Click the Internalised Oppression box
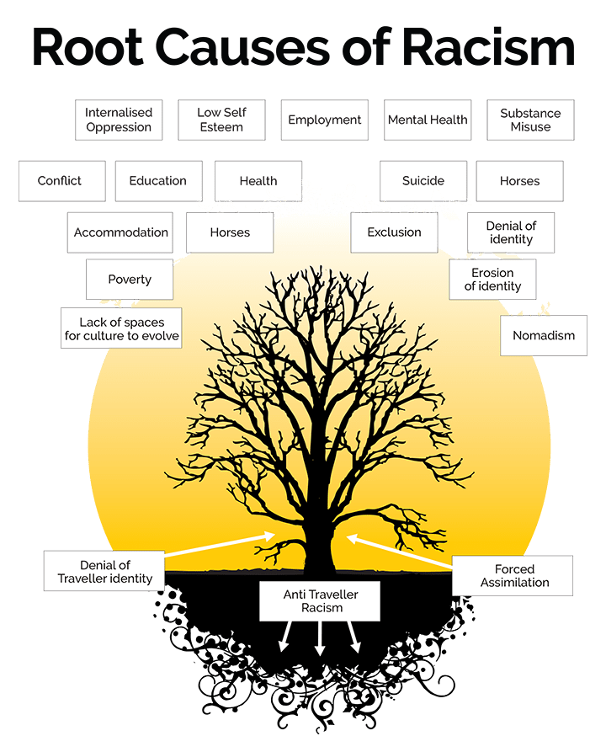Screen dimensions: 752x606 119,120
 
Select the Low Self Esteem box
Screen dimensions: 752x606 222,120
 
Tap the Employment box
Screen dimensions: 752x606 325,120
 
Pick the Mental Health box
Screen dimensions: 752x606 427,120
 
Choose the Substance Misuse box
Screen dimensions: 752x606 530,120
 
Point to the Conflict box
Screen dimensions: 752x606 61,181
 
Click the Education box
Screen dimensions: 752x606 158,181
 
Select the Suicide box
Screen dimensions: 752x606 423,181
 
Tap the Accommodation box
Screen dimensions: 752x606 120,232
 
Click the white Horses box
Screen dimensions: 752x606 230,232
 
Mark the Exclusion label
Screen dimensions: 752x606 394,232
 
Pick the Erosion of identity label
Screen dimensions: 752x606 492,280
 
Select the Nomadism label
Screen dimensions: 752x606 544,335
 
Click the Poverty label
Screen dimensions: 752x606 130,280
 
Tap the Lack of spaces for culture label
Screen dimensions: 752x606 122,328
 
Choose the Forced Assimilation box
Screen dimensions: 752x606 514,576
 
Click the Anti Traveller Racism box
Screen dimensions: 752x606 320,601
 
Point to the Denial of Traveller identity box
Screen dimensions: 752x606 105,571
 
